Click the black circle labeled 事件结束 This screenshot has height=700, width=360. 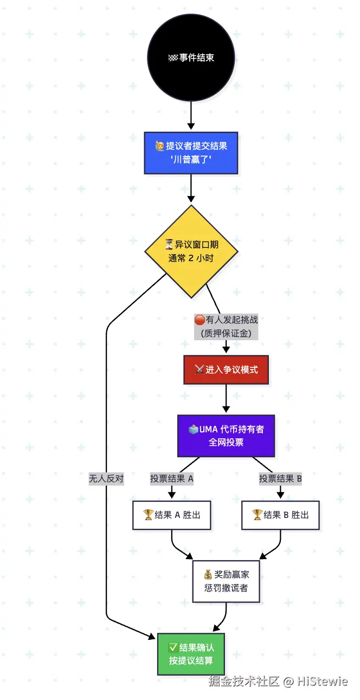coord(191,57)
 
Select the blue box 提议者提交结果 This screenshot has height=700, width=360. coord(191,153)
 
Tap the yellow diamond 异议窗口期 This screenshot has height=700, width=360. coord(191,251)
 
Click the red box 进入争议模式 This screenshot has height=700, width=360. coord(226,370)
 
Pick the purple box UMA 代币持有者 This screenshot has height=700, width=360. coord(226,436)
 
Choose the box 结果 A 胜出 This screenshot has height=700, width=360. coord(172,515)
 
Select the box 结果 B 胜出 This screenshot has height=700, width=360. coord(280,515)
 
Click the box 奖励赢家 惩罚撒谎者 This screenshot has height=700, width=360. coord(226,581)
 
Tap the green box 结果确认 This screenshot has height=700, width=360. coord(191,654)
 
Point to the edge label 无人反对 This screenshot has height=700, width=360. coord(106,478)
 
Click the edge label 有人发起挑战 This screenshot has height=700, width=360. coord(226,326)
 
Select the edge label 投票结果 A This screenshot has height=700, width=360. coord(172,478)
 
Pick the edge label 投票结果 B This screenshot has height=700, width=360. coord(280,478)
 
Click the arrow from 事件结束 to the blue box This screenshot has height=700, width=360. coord(191,116)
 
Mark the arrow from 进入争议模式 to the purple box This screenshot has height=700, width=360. coord(226,400)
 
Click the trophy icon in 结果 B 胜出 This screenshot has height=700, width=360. coord(258,515)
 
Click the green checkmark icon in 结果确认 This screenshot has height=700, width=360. coord(173,647)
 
